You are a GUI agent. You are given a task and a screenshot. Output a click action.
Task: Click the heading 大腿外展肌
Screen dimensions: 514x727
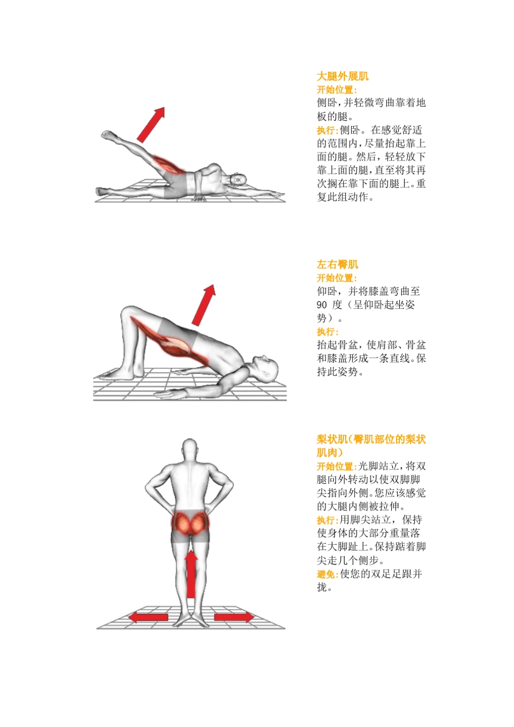coord(342,76)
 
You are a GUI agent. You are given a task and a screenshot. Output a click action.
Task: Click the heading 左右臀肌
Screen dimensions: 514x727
coord(338,265)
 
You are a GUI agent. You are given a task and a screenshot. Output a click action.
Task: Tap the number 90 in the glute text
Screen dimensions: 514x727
coord(322,305)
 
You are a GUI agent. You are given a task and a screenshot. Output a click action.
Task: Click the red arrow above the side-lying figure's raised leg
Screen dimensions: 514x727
coord(151,124)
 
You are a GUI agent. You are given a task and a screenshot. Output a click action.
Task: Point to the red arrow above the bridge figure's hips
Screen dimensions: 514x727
coord(203,305)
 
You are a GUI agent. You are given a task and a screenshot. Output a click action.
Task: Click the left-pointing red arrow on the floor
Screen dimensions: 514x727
coord(148,617)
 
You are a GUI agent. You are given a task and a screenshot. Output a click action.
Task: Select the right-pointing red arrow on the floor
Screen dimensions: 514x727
coord(233,617)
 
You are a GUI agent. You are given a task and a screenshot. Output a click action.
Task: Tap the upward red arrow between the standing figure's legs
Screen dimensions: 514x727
coord(192,574)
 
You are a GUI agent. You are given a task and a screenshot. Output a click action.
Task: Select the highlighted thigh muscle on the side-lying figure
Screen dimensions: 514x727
coord(169,164)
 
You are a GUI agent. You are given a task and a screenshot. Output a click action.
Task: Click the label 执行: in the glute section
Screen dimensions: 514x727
coord(328,332)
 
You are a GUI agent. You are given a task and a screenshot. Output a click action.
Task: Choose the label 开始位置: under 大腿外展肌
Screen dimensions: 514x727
coord(337,90)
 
